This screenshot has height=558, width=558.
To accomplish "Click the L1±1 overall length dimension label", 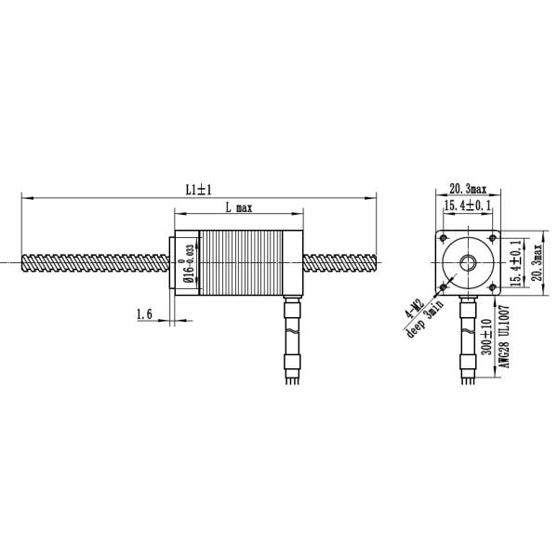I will pyautogui.click(x=198, y=189).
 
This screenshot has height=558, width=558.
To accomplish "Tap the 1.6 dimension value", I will pyautogui.click(x=143, y=315).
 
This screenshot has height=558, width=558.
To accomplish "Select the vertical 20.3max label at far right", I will pyautogui.click(x=538, y=262).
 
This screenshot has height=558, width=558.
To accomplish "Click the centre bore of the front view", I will pyautogui.click(x=467, y=263).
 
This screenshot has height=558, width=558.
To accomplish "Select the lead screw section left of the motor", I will pyautogui.click(x=93, y=262).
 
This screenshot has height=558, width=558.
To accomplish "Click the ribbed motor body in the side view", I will pyautogui.click(x=246, y=263).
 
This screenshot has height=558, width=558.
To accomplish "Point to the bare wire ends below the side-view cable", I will pyautogui.click(x=292, y=379).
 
